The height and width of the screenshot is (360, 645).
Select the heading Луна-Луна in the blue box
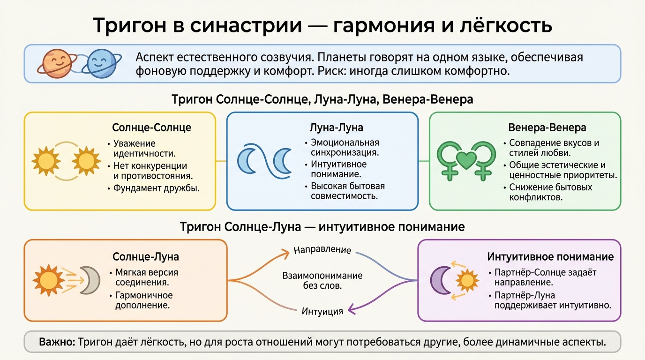(x=337, y=127)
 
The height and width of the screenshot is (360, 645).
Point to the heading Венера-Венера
(x=547, y=127)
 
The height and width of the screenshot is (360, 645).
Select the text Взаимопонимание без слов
(x=322, y=280)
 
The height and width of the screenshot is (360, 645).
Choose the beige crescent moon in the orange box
(x=89, y=280)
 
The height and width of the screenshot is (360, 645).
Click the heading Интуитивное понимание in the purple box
(x=550, y=257)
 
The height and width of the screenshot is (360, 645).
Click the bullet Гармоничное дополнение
(x=143, y=300)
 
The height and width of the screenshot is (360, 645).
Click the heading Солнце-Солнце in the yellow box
(x=151, y=127)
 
